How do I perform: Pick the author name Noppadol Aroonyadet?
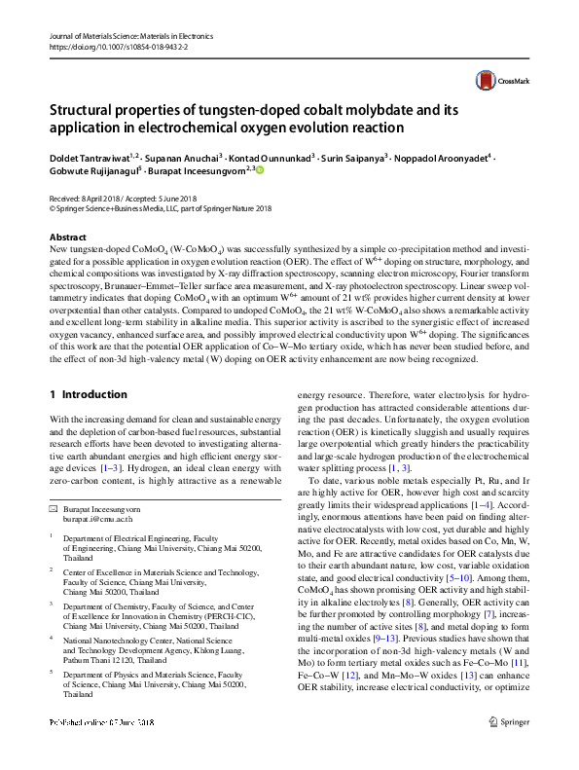(445, 156)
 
